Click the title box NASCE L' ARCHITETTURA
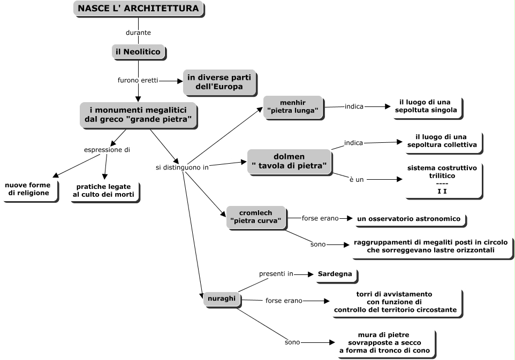(138, 9)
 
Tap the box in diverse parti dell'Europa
(219, 81)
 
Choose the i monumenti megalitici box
(138, 114)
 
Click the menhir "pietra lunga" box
(293, 106)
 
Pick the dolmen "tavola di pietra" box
(289, 162)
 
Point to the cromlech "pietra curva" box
(256, 217)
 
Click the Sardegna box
(335, 274)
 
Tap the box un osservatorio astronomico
(409, 219)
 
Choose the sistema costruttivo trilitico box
(442, 179)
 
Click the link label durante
(138, 33)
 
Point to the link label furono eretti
(138, 80)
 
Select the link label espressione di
(107, 150)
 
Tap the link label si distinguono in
(182, 167)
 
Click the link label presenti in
(276, 274)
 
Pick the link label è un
(357, 180)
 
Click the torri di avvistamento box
(395, 302)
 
